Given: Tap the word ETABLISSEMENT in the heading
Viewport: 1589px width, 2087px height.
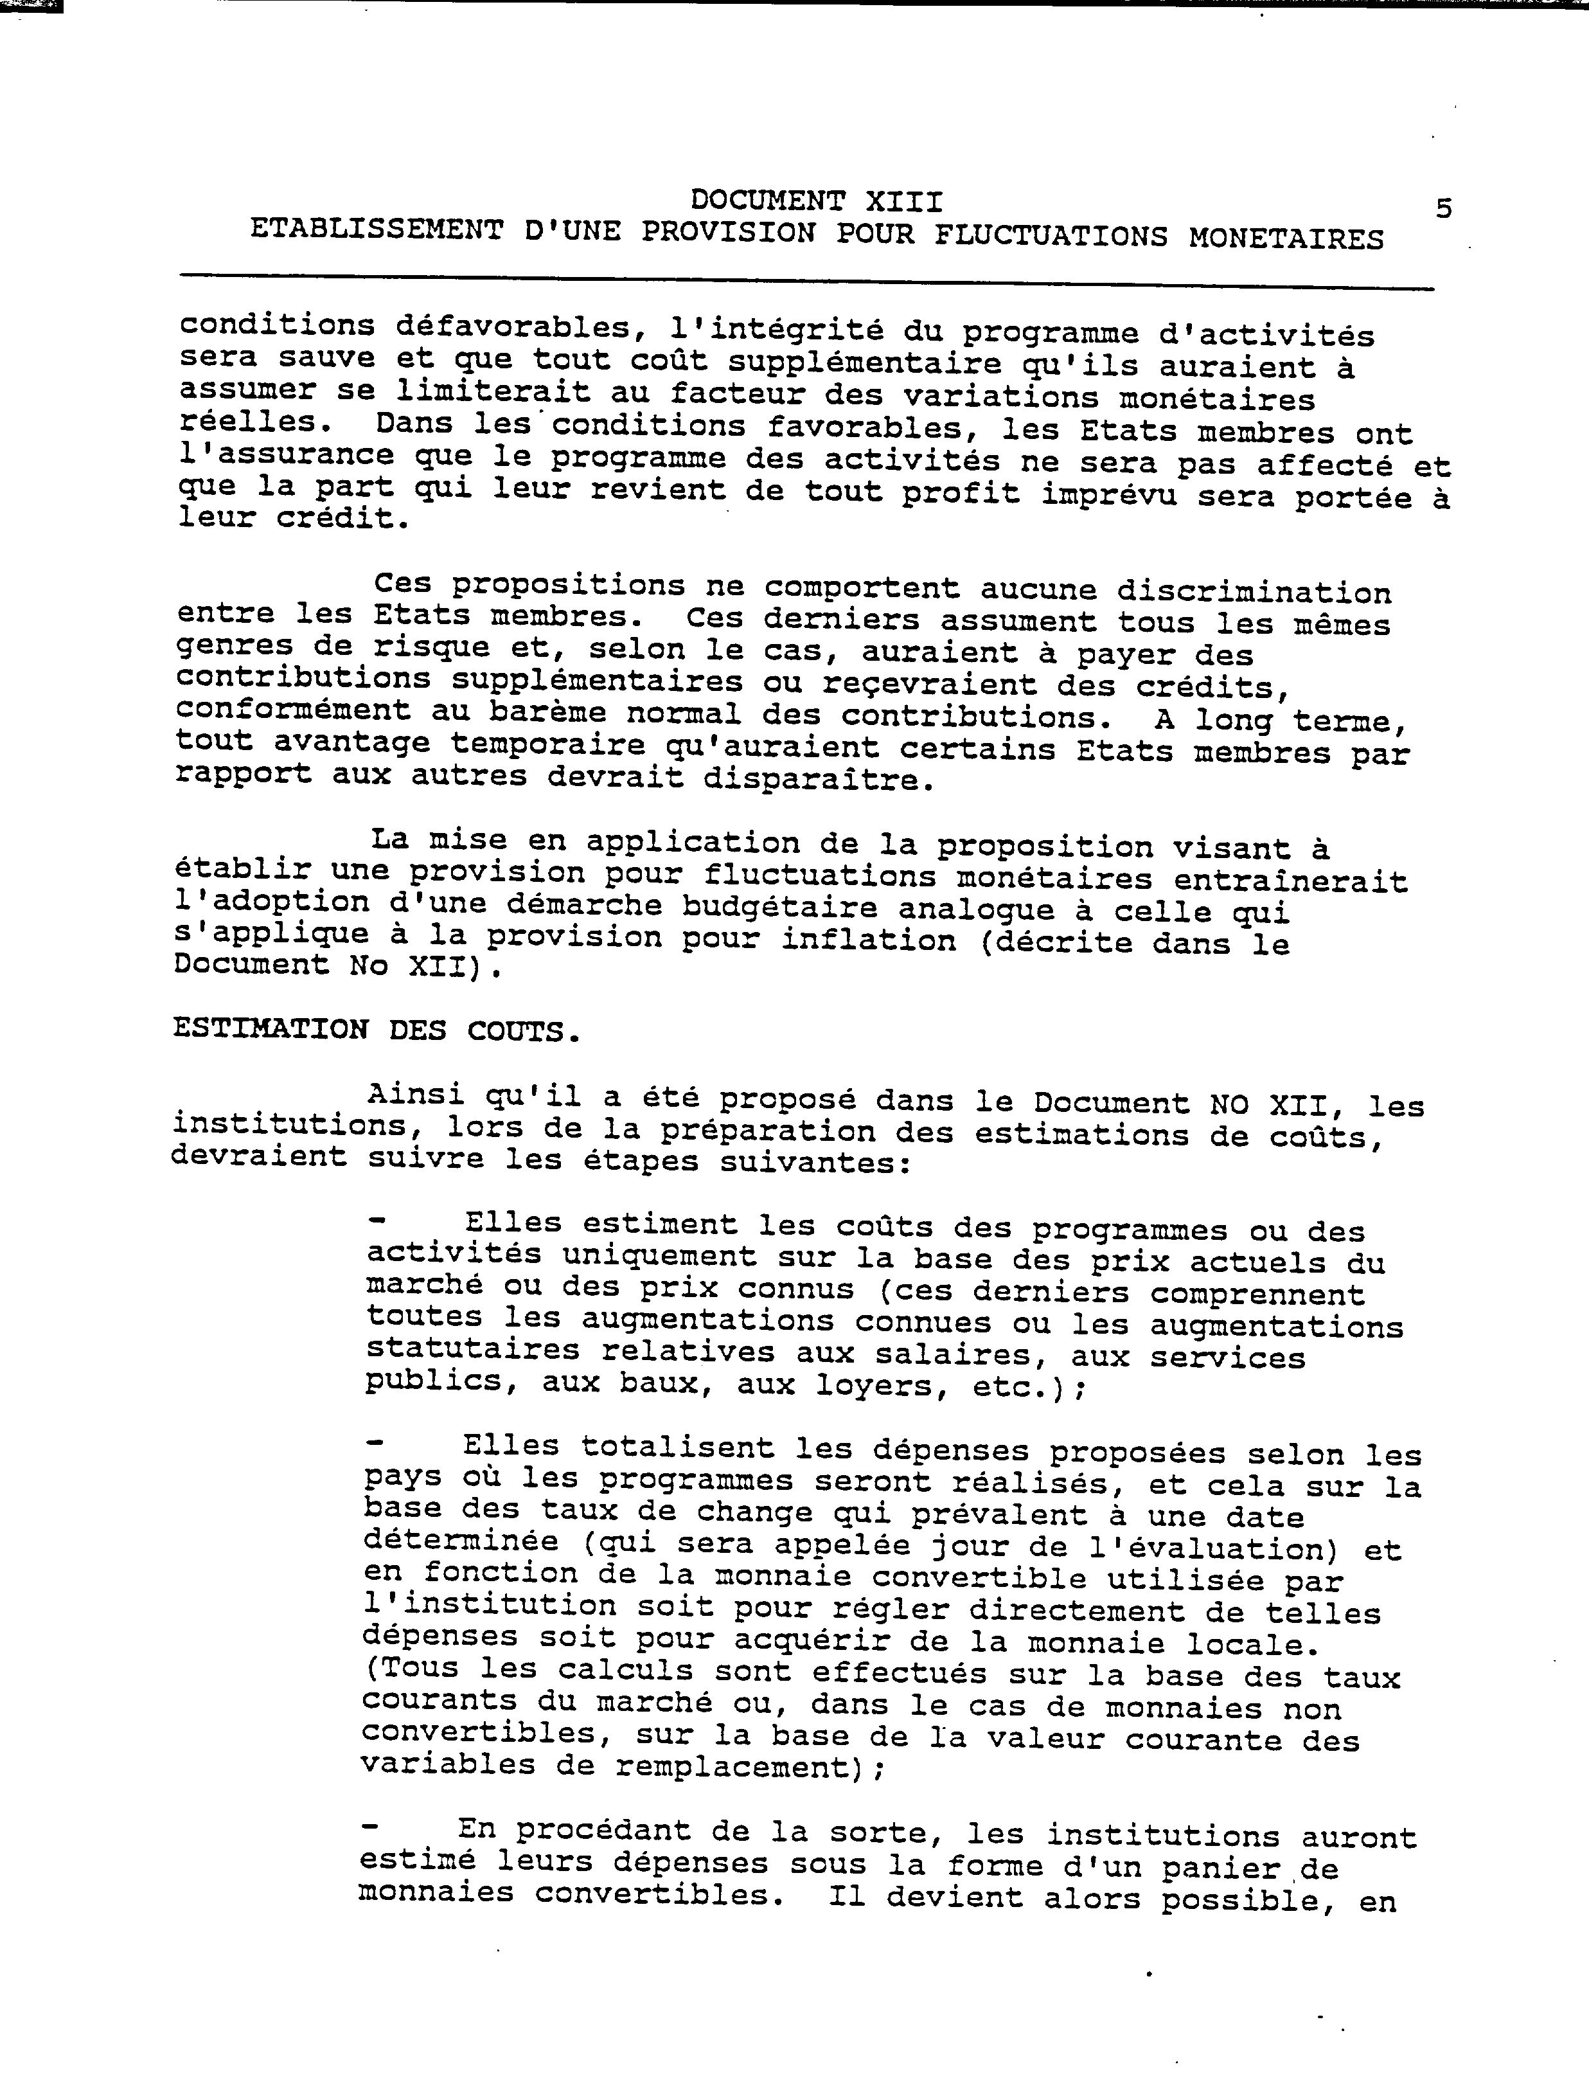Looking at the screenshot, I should pyautogui.click(x=377, y=231).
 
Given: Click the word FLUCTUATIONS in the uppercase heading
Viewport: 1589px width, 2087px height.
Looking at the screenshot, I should pyautogui.click(x=1051, y=236).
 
